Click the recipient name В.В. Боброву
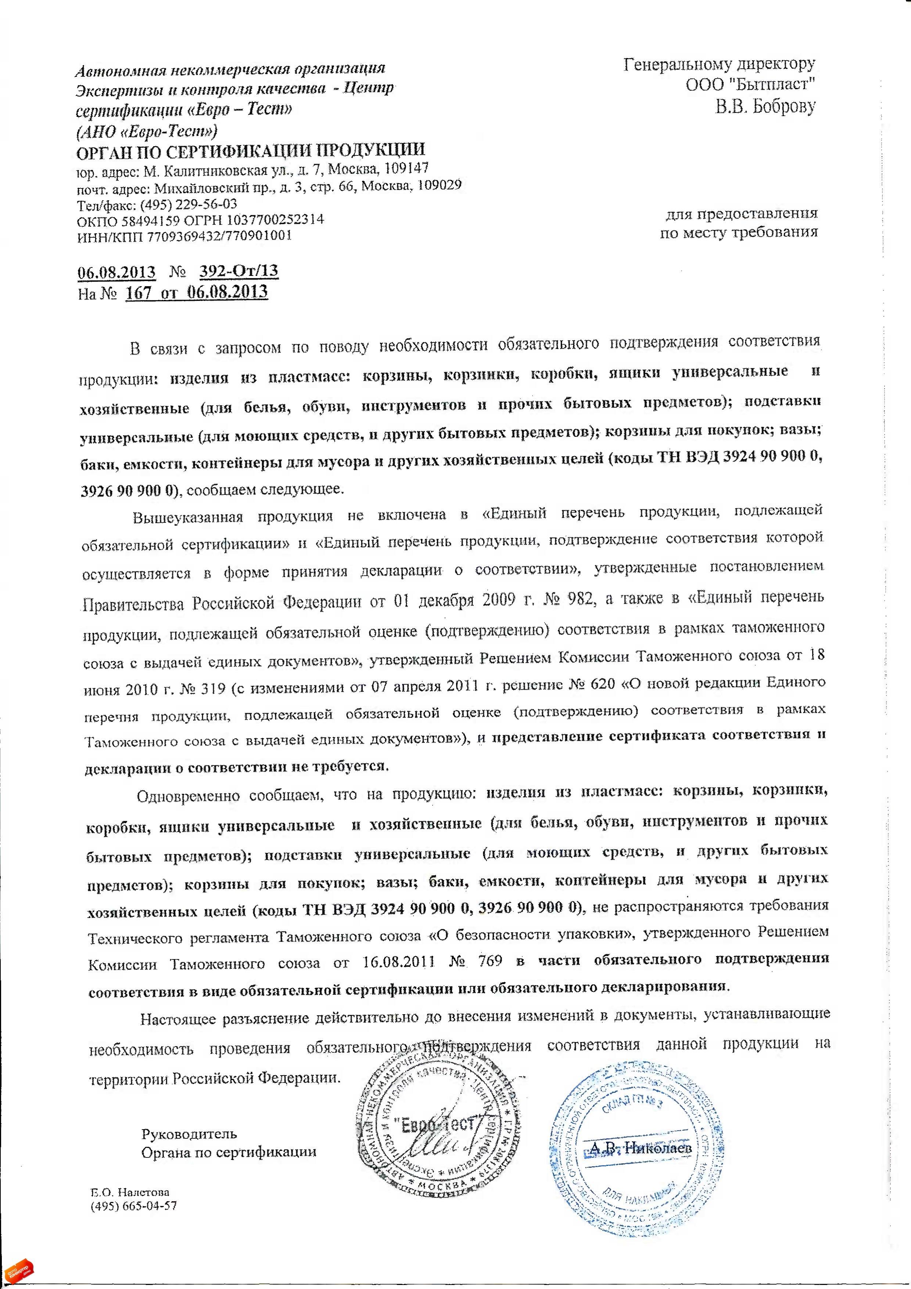[765, 106]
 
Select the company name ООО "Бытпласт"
[750, 85]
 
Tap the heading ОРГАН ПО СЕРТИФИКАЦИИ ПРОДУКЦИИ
[251, 150]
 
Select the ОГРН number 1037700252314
[279, 219]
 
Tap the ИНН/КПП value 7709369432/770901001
[219, 236]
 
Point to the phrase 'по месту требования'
[739, 231]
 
